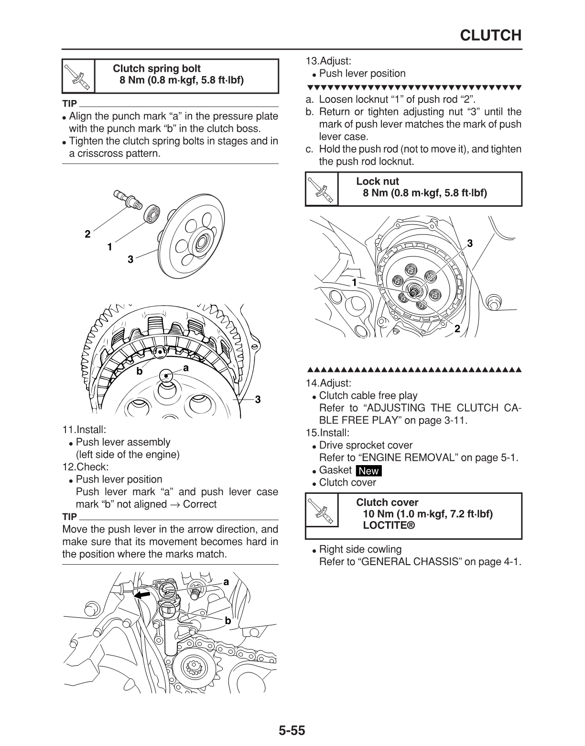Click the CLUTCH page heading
coord(490,35)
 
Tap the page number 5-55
coord(292,731)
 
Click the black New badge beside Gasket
coord(368,470)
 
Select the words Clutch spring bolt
coord(157,68)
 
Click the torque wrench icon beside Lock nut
coord(321,189)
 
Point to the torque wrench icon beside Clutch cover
coord(321,515)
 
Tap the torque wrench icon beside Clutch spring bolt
coord(78,76)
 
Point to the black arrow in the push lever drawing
coord(142,594)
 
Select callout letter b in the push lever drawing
coord(228,621)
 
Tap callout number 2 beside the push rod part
coord(87,234)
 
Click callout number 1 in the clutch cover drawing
coord(354,282)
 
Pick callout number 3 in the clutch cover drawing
coord(470,244)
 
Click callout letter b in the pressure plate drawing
coord(140,371)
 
